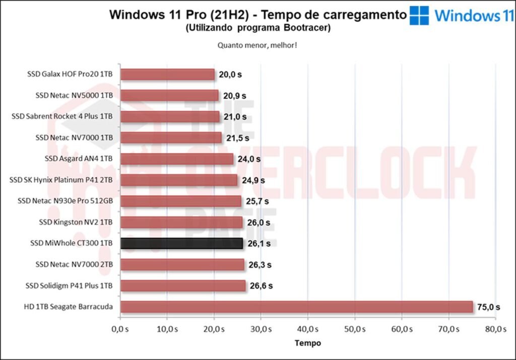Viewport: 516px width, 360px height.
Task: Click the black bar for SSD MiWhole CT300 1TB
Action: pyautogui.click(x=181, y=244)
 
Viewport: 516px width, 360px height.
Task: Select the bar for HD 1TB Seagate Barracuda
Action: pyautogui.click(x=296, y=307)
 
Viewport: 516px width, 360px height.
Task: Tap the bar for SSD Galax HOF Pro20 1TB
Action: pyautogui.click(x=167, y=75)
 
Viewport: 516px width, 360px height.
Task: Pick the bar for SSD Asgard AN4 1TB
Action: pyautogui.click(x=177, y=159)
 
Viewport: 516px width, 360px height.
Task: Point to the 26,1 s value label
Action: pyautogui.click(x=259, y=244)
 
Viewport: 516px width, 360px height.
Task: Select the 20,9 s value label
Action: pyautogui.click(x=234, y=96)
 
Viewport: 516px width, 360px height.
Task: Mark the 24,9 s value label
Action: pyautogui.click(x=253, y=180)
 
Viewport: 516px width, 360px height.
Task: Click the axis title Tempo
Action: pyautogui.click(x=307, y=343)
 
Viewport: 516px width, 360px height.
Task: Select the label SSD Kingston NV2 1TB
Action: pyautogui.click(x=76, y=222)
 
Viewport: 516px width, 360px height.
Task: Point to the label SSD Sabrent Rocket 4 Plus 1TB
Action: pyautogui.click(x=62, y=116)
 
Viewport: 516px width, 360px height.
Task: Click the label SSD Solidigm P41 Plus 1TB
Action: pyautogui.click(x=69, y=286)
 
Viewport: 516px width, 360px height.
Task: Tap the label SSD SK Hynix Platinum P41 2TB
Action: pyautogui.click(x=61, y=180)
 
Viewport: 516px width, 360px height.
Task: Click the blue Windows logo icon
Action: pyautogui.click(x=419, y=15)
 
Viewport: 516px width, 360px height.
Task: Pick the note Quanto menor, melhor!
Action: pyautogui.click(x=257, y=45)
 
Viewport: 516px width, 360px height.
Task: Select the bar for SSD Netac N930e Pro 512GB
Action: pyautogui.click(x=181, y=201)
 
